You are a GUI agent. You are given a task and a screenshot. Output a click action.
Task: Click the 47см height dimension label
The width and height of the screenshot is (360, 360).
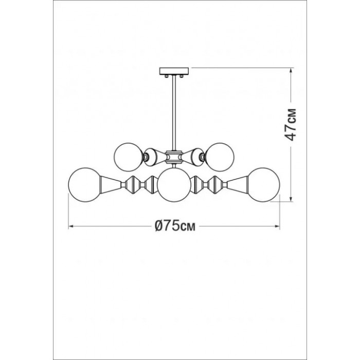point(290,124)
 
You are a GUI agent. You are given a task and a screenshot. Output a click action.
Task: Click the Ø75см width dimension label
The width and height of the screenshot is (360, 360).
point(175,226)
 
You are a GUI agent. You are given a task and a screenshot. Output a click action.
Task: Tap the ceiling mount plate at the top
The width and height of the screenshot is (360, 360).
point(174,71)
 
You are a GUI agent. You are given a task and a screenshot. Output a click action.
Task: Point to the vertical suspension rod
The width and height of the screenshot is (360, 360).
point(174,113)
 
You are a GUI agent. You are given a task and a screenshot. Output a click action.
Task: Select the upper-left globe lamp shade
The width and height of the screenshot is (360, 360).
point(129,157)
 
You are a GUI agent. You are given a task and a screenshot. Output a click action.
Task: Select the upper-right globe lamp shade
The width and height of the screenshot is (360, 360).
point(220,157)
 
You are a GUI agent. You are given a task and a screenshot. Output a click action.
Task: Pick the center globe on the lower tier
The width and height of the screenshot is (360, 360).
point(174,185)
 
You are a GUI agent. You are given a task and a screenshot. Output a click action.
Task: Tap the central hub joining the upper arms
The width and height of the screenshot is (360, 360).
point(174,157)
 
